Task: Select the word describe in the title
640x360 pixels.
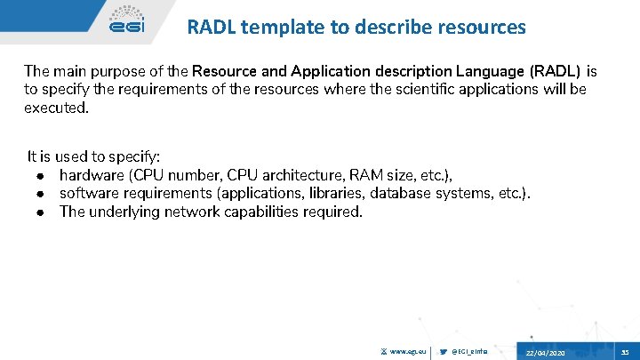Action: [x=396, y=28]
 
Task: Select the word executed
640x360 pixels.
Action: [x=56, y=108]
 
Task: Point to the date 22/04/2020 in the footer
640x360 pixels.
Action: [x=544, y=353]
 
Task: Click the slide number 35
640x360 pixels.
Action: [x=625, y=352]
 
